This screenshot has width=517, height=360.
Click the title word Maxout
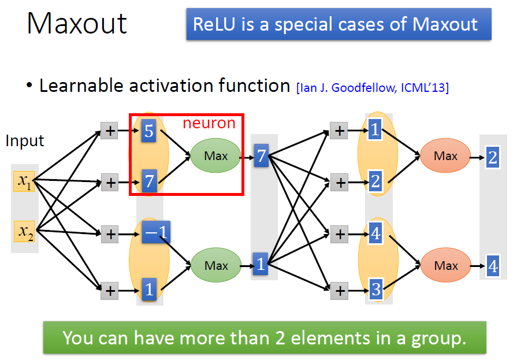point(77,23)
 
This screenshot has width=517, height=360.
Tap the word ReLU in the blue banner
point(213,24)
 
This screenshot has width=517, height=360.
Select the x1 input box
point(25,181)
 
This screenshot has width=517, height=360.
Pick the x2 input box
point(25,232)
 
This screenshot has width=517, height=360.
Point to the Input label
point(25,140)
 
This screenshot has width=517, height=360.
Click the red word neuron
point(209,123)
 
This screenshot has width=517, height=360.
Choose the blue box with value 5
point(149,131)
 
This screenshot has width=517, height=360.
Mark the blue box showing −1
point(156,232)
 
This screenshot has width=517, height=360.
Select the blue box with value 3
point(376,288)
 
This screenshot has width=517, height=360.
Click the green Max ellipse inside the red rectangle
point(216,155)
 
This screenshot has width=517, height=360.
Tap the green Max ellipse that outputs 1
point(216,266)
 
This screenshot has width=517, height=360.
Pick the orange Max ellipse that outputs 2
point(445,156)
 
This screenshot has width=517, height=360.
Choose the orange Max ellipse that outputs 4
point(445,266)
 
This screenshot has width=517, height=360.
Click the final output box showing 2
point(493,157)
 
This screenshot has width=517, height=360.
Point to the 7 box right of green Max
point(261,156)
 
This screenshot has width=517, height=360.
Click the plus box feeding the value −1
point(109,234)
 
